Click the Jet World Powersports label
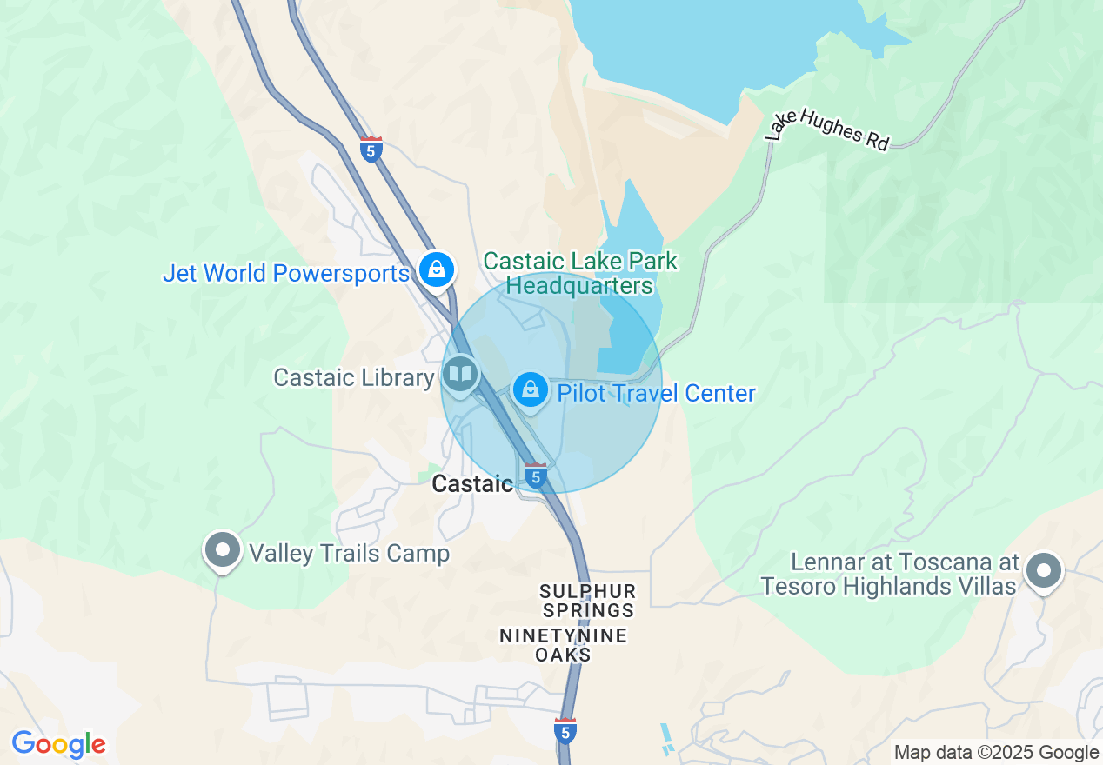(285, 273)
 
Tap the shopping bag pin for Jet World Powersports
(436, 269)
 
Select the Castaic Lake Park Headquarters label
(579, 273)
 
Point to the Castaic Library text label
(353, 377)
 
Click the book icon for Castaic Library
(460, 375)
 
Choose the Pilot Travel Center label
(656, 393)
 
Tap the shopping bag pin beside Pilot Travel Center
(530, 390)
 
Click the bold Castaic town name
(472, 484)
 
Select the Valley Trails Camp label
(350, 553)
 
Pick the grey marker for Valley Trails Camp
(223, 550)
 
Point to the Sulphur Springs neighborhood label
(587, 601)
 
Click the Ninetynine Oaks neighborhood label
(563, 645)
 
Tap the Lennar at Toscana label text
(888, 573)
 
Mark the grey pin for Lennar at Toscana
(1044, 572)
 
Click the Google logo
(58, 745)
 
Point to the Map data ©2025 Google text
(996, 753)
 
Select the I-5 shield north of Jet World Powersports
(371, 150)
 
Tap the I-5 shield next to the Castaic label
(536, 476)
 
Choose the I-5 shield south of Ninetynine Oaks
(565, 731)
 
